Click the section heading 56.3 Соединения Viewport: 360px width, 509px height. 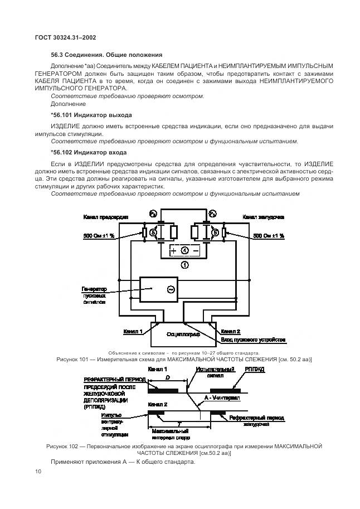click(106, 55)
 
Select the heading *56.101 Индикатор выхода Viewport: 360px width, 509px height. click(91, 115)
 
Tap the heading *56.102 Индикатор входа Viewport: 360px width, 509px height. click(89, 152)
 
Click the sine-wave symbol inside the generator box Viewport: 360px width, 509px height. click(171, 289)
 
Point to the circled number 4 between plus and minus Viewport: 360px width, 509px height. click(184, 251)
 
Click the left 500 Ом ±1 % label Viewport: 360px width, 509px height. click(99, 236)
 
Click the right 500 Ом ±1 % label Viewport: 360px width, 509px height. click(269, 236)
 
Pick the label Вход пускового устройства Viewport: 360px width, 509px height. click(253, 339)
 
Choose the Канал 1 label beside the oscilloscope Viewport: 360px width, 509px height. click(133, 331)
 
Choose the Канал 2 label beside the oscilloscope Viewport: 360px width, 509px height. click(231, 331)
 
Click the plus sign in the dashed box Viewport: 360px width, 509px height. click(173, 251)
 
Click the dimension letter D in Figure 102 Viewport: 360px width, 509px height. click(168, 377)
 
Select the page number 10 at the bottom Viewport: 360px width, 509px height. click(38, 472)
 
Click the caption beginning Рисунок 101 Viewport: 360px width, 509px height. click(184, 360)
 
